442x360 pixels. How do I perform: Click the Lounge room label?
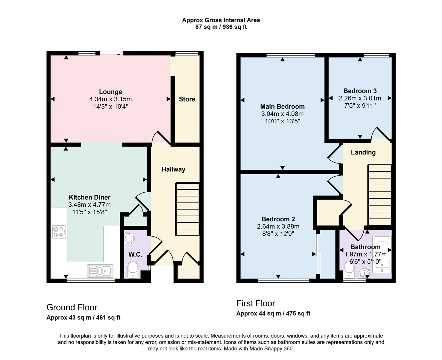click(110, 92)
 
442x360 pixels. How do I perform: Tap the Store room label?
click(187, 99)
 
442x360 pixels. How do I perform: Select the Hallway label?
click(173, 169)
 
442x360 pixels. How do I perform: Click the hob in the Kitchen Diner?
click(59, 232)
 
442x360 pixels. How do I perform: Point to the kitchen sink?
click(100, 271)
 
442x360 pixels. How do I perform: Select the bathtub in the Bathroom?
click(382, 254)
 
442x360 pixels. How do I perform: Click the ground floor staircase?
click(187, 209)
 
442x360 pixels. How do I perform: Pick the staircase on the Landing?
click(379, 195)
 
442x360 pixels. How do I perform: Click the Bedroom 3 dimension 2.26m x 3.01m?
click(360, 98)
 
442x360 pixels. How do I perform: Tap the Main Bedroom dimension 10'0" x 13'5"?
click(282, 121)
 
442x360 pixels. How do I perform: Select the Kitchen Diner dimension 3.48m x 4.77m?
click(89, 205)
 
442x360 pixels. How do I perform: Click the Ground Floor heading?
click(72, 307)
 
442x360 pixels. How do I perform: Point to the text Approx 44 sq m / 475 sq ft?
click(273, 314)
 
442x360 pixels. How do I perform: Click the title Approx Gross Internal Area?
click(221, 20)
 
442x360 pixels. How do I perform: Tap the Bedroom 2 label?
click(278, 219)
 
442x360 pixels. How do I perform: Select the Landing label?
click(363, 152)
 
